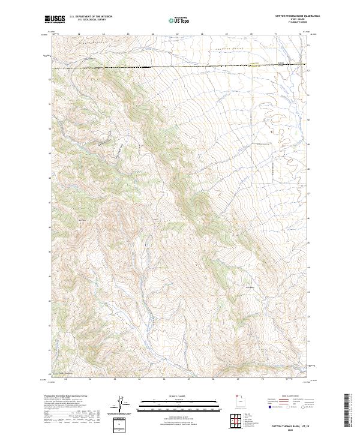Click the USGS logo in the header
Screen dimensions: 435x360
pyautogui.click(x=55, y=19)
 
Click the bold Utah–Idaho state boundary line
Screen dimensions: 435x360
pyautogui.click(x=180, y=67)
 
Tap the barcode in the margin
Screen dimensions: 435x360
pyautogui.click(x=347, y=413)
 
